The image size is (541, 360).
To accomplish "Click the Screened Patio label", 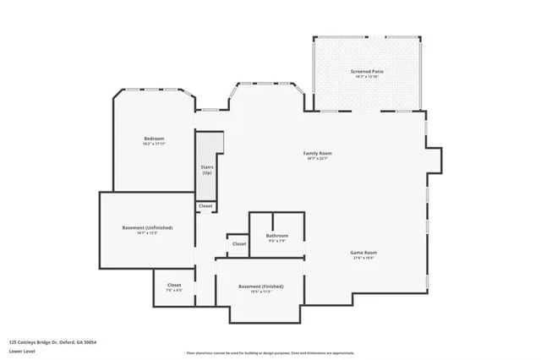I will point(367,72).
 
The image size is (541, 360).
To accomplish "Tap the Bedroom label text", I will point(154,138).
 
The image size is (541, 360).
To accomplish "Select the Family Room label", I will point(318,153).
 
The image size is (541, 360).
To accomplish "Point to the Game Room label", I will point(363,253).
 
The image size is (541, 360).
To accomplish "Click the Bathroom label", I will point(277,235).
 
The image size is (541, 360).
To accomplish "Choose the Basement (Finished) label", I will point(260,286).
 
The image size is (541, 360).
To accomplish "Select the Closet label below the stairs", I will point(205,206).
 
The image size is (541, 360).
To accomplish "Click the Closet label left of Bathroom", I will point(239,243).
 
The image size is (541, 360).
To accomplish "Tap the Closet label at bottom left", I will point(174,285).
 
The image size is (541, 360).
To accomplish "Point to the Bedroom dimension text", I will point(154,144).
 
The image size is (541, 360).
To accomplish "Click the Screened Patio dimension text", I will point(367,78).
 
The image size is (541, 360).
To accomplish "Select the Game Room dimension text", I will point(363,259).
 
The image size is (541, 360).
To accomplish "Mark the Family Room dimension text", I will point(318,159).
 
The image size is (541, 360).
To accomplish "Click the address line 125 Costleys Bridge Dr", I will point(52,342).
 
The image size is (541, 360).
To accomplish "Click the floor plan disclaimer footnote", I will point(270,352).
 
